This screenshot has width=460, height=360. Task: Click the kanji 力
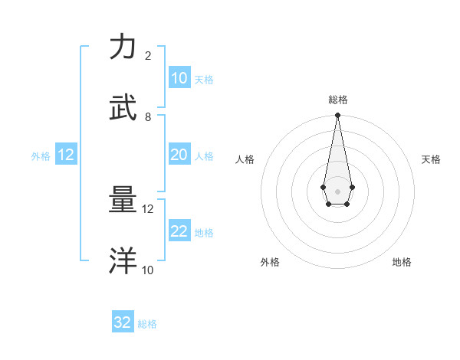click(123, 47)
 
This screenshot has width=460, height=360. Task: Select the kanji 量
click(123, 201)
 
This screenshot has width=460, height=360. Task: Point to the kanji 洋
click(123, 261)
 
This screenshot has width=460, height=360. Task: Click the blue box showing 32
click(123, 322)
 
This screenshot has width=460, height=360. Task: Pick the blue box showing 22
click(179, 231)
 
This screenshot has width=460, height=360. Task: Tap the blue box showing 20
click(179, 155)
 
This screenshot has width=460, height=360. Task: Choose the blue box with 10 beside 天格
click(179, 78)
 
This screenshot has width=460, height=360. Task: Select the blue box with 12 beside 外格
click(66, 155)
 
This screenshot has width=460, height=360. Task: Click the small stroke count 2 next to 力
click(148, 56)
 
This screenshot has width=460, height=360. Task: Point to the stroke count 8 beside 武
click(148, 117)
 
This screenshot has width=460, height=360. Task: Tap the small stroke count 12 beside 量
click(148, 209)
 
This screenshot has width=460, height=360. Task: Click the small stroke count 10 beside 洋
click(148, 270)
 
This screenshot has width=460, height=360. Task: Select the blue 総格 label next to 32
click(147, 324)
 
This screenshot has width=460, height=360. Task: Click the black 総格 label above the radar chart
click(337, 100)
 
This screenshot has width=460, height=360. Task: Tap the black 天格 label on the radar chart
click(431, 159)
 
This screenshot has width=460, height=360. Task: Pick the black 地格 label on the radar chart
click(402, 262)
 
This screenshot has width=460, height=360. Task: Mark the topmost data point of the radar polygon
click(337, 116)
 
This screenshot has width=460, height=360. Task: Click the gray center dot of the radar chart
click(337, 190)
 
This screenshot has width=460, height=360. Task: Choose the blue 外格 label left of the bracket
click(41, 156)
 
